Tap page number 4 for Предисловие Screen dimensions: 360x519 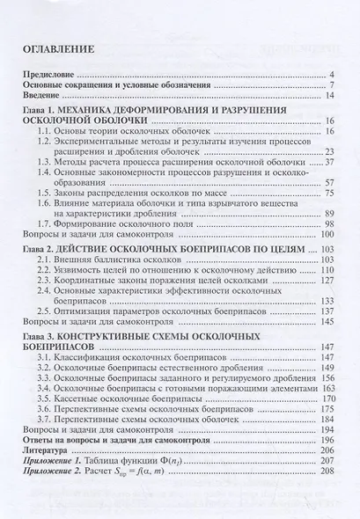[x=328, y=76]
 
